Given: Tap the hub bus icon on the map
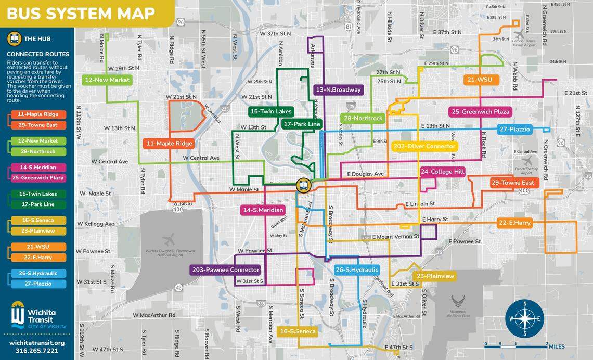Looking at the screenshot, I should coord(302,185).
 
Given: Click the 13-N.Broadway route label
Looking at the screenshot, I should coord(338,89).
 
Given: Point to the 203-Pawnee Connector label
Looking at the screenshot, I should coord(225,270).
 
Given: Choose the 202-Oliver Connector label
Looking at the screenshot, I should coord(424,146).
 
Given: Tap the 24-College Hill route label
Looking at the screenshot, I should coord(442,171).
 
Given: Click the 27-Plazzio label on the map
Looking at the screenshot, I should coord(514,129).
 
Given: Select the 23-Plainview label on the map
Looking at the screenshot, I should coord(435,276).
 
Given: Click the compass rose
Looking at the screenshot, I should coord(524,318).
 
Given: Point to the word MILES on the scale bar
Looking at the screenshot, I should coord(556,346).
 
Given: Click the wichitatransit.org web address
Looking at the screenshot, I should coord(37,343).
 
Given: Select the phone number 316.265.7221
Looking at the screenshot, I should coord(37,351).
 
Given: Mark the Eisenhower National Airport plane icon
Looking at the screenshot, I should coord(168,240).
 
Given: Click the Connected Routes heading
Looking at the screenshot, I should coord(38,54).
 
